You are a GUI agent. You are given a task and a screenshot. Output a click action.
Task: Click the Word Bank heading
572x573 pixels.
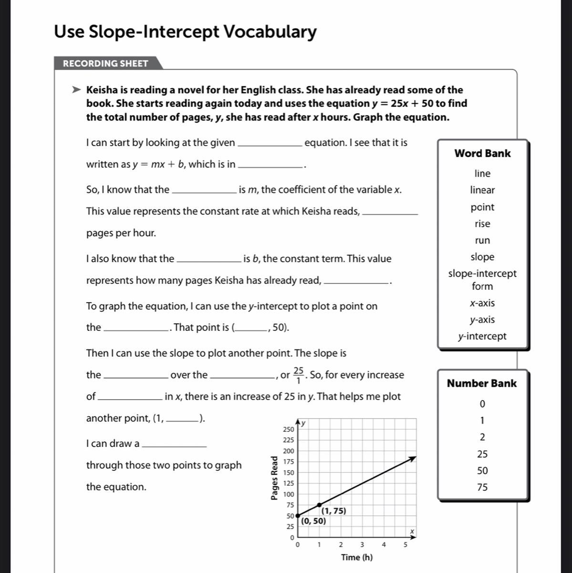pyautogui.click(x=482, y=153)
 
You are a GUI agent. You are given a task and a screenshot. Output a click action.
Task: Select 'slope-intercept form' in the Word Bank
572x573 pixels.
pyautogui.click(x=482, y=280)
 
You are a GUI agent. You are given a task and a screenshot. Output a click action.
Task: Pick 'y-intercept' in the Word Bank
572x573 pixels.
pyautogui.click(x=482, y=336)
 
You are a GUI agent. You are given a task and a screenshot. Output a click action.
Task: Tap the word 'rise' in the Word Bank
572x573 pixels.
pyautogui.click(x=482, y=223)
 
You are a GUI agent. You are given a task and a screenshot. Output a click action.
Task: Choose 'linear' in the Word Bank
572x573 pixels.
pyautogui.click(x=482, y=190)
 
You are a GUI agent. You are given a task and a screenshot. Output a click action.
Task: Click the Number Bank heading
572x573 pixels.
pyautogui.click(x=481, y=383)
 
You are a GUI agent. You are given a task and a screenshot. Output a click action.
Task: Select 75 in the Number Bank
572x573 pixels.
pyautogui.click(x=482, y=488)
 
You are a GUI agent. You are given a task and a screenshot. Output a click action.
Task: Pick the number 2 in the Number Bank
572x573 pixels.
pyautogui.click(x=482, y=437)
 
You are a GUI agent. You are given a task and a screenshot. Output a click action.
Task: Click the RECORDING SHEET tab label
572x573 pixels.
pyautogui.click(x=105, y=64)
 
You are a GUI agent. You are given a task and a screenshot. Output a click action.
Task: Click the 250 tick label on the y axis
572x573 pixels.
pyautogui.click(x=288, y=429)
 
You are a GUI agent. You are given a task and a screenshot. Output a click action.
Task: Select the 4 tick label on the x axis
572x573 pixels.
pyautogui.click(x=384, y=544)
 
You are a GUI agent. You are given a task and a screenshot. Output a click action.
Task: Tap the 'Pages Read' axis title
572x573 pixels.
pyautogui.click(x=274, y=478)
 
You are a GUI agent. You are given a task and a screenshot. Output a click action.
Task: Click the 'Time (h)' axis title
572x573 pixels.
pyautogui.click(x=357, y=557)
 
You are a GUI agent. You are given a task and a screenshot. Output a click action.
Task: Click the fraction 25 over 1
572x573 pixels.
pyautogui.click(x=299, y=375)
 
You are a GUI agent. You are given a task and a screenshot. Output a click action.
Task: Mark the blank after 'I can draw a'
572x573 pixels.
pyautogui.click(x=175, y=444)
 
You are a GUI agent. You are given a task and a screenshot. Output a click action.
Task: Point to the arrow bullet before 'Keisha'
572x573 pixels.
pyautogui.click(x=76, y=90)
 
